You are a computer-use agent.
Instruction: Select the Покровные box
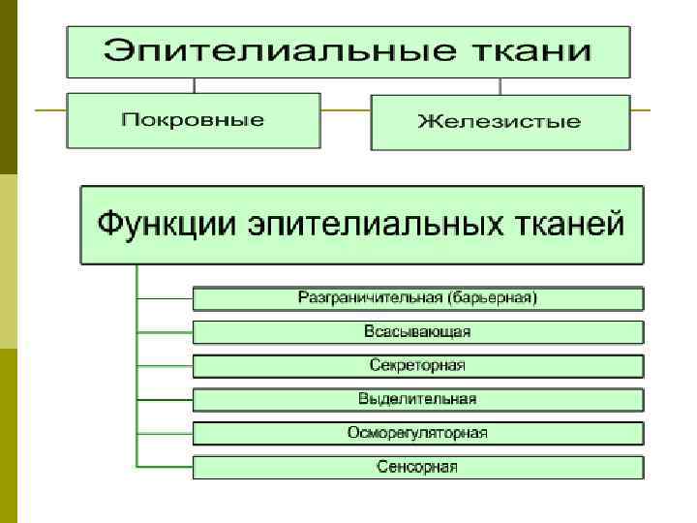tap(193, 120)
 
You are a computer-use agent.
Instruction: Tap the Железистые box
tap(500, 121)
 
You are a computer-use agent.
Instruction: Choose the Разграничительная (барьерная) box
tap(417, 297)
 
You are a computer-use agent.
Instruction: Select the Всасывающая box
tap(417, 332)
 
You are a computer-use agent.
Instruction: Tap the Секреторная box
tap(417, 366)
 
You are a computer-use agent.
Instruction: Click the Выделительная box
tap(417, 399)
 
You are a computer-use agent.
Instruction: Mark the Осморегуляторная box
tap(417, 433)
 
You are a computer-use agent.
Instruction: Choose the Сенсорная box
tap(417, 467)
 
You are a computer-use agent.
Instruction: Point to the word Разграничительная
tap(372, 297)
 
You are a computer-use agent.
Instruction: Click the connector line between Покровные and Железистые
tap(345, 110)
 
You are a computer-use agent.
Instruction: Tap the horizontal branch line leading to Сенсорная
tap(165, 468)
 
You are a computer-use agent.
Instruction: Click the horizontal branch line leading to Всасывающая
tap(165, 332)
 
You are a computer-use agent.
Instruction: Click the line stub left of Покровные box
tap(50, 110)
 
